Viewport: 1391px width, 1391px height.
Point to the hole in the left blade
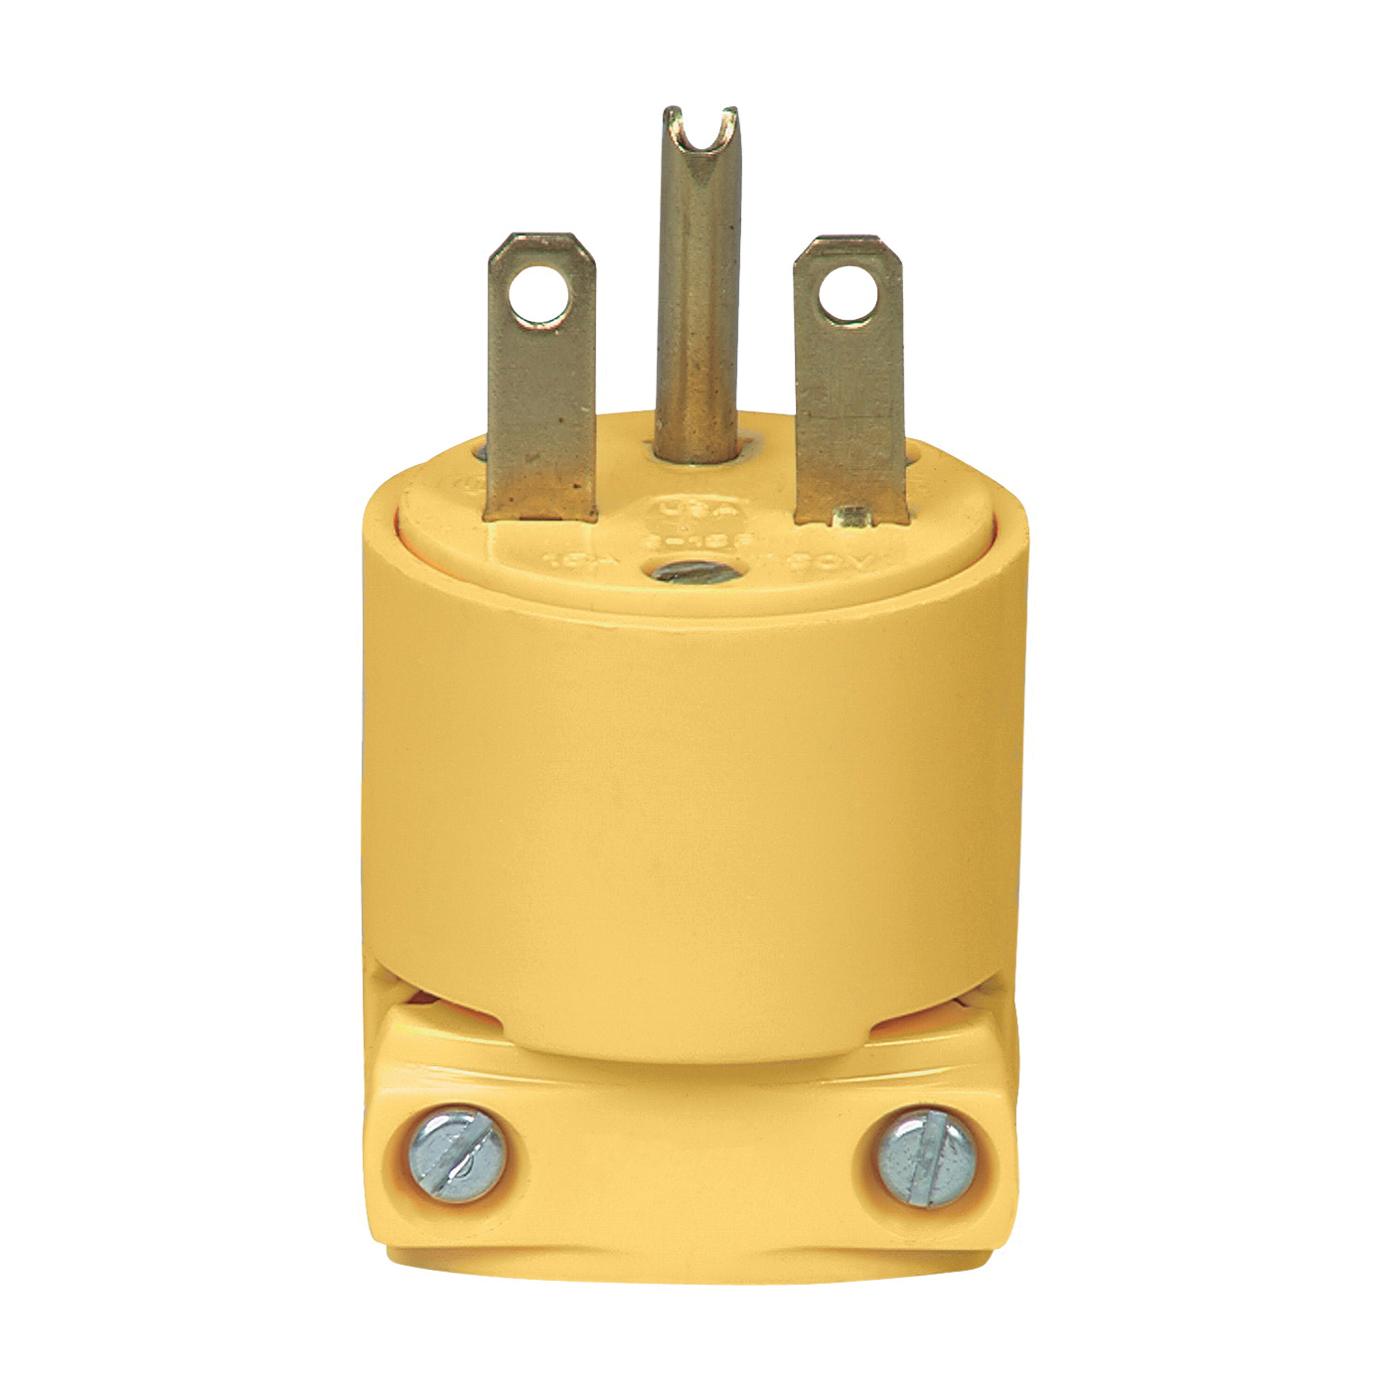pos(539,295)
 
